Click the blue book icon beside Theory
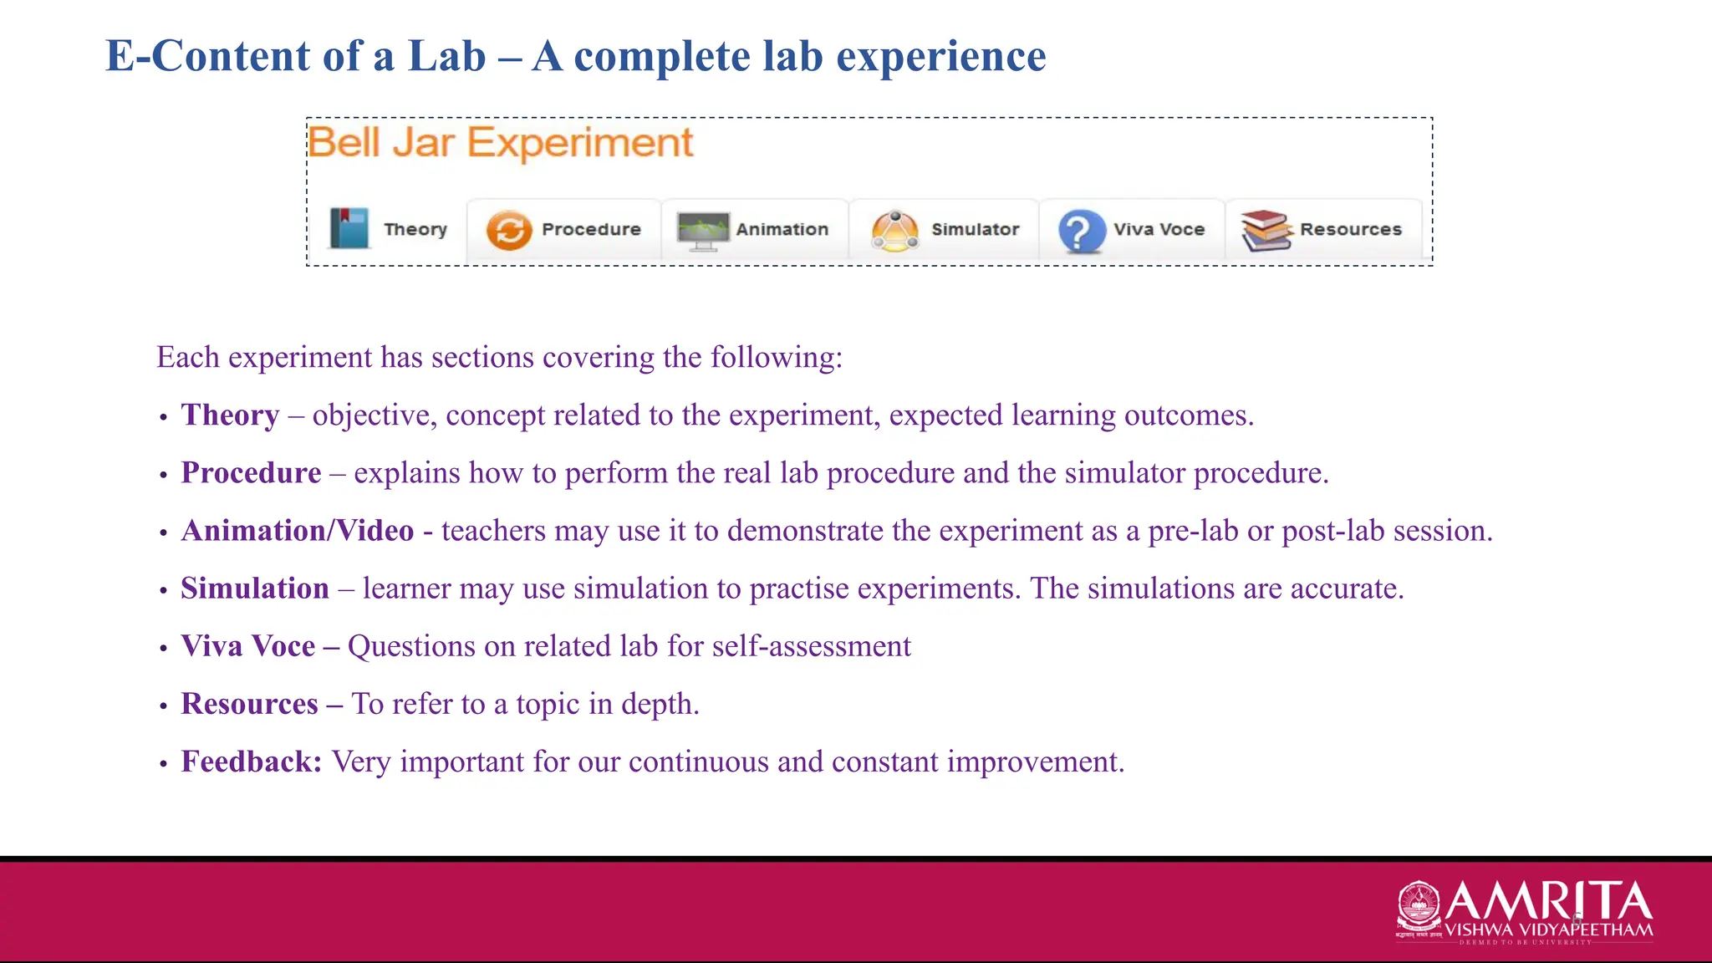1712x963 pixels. (x=349, y=228)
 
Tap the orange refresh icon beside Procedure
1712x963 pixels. (x=508, y=230)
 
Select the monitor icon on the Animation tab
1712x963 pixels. (x=702, y=231)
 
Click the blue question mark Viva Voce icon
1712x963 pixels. (x=1080, y=231)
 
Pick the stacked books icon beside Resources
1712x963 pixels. (x=1266, y=231)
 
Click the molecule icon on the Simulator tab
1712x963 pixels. (x=895, y=231)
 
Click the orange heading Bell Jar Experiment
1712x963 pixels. (x=500, y=143)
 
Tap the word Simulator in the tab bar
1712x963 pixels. (x=975, y=229)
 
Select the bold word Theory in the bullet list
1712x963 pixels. (x=230, y=415)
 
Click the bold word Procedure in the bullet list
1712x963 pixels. (x=251, y=473)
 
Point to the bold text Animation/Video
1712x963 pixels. (x=298, y=531)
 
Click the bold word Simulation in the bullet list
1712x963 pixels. (x=255, y=588)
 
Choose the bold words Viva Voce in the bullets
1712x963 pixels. (x=248, y=646)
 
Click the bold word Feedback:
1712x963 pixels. (x=251, y=762)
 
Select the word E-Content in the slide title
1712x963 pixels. (x=209, y=57)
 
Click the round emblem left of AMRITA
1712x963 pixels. (x=1419, y=907)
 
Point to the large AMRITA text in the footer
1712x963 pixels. (x=1548, y=900)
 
